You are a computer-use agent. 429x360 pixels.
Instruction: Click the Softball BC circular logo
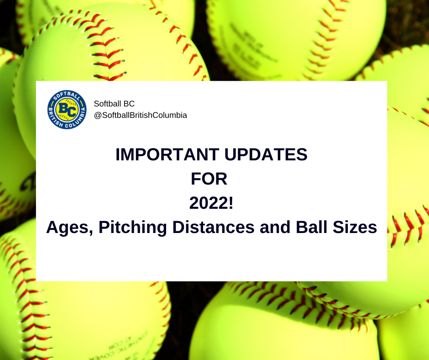click(67, 110)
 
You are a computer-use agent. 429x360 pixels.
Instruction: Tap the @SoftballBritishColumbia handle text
click(141, 116)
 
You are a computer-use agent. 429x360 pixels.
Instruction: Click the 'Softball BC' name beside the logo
click(114, 104)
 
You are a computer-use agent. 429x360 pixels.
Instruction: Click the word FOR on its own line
click(209, 179)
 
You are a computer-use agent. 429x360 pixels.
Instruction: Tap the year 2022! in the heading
click(211, 203)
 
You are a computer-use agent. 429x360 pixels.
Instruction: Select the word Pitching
click(131, 228)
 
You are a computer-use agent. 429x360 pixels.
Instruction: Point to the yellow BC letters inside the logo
click(67, 110)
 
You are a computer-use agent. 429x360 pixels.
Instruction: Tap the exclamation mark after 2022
click(231, 203)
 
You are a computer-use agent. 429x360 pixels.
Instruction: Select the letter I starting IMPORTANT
click(118, 155)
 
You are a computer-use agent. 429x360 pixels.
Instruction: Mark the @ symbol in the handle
click(97, 116)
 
